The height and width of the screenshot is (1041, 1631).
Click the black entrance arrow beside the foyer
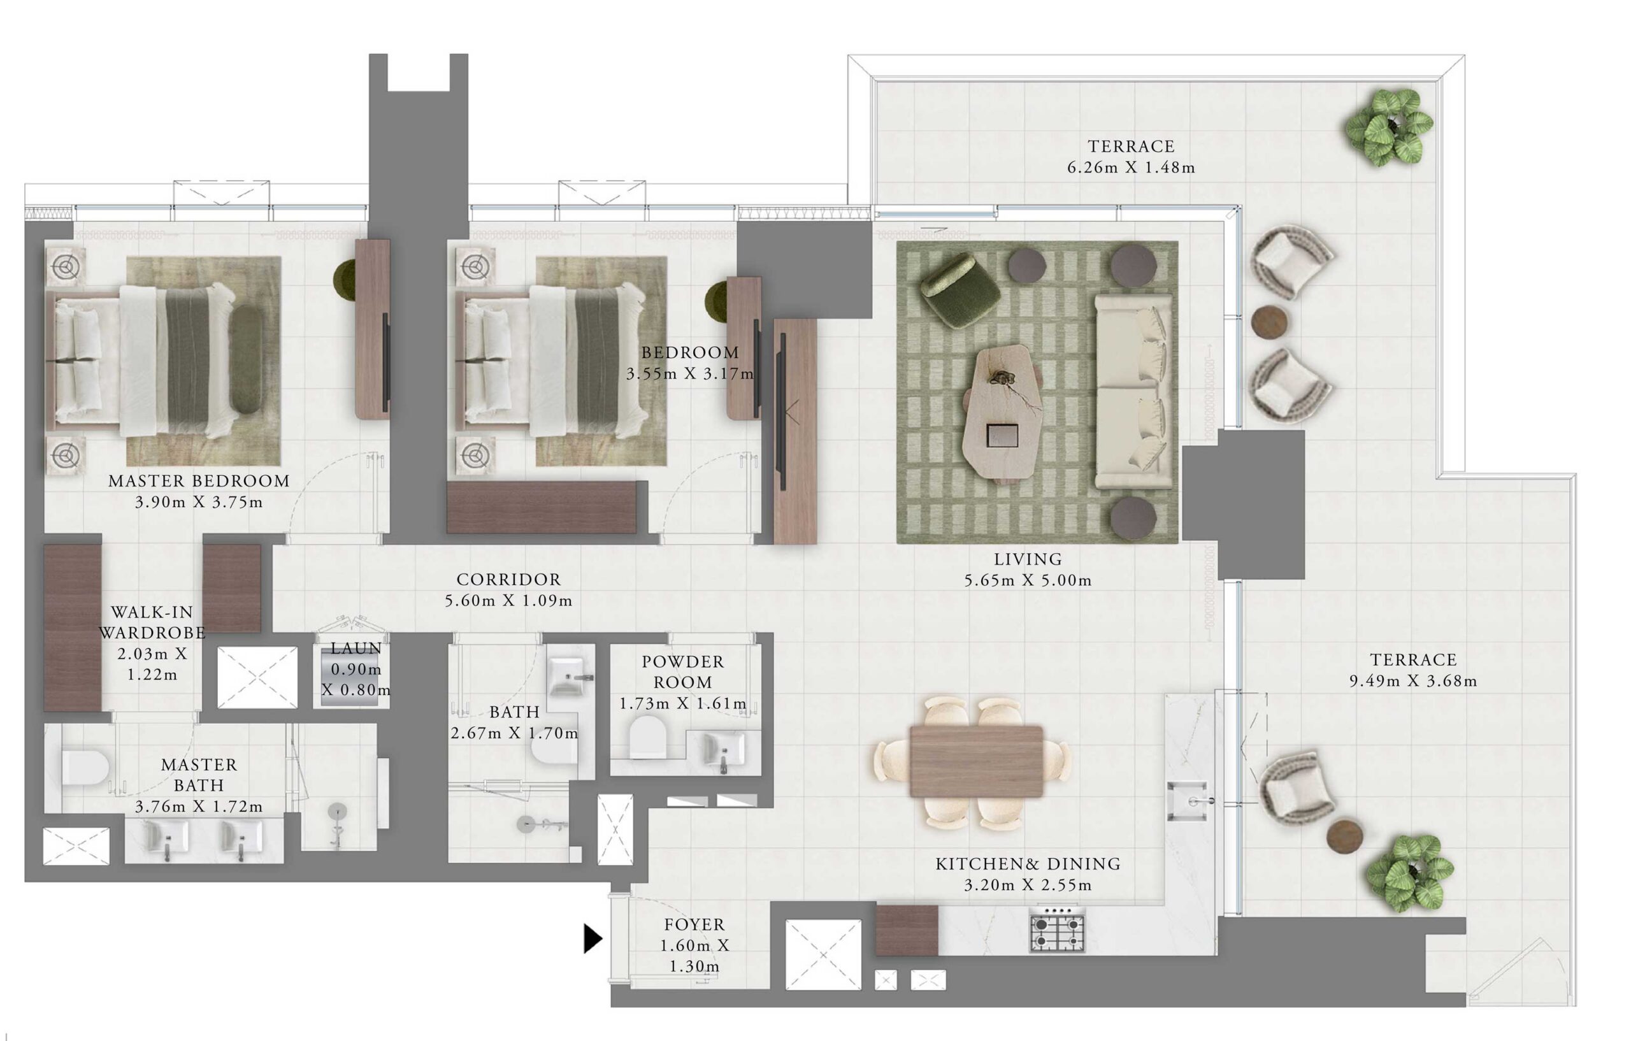(x=592, y=938)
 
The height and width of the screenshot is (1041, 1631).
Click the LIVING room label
(x=1028, y=559)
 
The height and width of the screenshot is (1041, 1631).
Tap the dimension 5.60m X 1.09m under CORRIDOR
(x=508, y=601)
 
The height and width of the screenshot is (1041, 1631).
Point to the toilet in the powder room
(x=647, y=737)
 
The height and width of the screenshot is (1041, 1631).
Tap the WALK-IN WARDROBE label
(x=152, y=622)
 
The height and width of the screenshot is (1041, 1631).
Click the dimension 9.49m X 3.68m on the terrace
(x=1413, y=681)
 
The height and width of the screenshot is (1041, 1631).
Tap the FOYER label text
(x=694, y=924)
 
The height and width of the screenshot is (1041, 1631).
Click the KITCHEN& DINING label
(x=1028, y=865)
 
